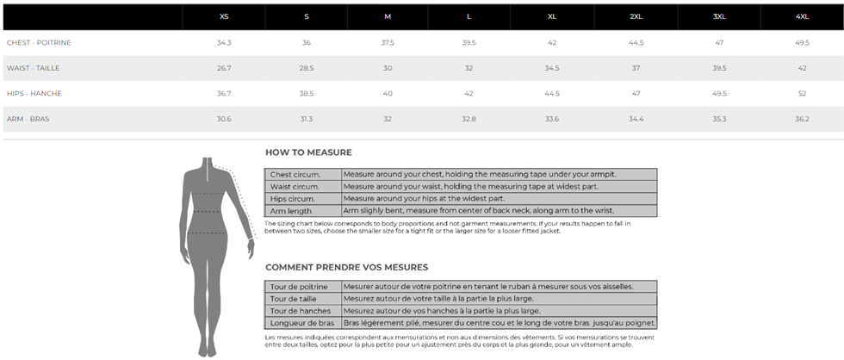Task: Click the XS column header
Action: coord(224,16)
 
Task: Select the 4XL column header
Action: coord(802,16)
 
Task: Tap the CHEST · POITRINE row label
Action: coord(39,42)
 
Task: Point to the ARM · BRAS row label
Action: coord(28,119)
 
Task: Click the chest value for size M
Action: coord(388,42)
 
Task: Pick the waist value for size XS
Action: coord(224,68)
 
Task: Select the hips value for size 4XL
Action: coord(802,93)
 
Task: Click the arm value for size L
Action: coord(469,119)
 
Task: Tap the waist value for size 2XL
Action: coord(636,68)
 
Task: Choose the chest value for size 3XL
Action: coord(719,42)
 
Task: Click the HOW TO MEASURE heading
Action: coord(308,152)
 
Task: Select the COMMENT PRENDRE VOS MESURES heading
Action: coord(346,267)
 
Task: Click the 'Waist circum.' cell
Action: coord(295,186)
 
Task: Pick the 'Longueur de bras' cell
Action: coord(301,323)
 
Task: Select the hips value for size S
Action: coord(306,93)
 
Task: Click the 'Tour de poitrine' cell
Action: coord(298,287)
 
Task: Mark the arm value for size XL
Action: coord(552,119)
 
